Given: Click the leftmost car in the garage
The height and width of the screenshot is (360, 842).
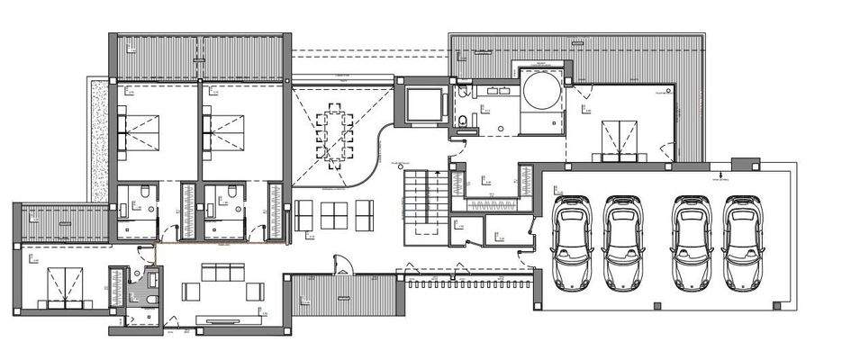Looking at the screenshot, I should point(571,240).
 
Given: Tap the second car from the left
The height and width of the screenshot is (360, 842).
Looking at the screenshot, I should point(621,240).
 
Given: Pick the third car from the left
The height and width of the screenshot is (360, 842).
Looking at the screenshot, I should point(692,240).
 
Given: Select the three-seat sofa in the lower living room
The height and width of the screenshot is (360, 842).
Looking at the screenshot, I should point(222,272).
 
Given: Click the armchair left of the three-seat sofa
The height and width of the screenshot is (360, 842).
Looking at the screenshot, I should point(192,291).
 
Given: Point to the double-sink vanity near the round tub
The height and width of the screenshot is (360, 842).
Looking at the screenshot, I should point(494,92).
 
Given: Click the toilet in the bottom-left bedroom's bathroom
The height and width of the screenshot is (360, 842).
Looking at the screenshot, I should point(152,299).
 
